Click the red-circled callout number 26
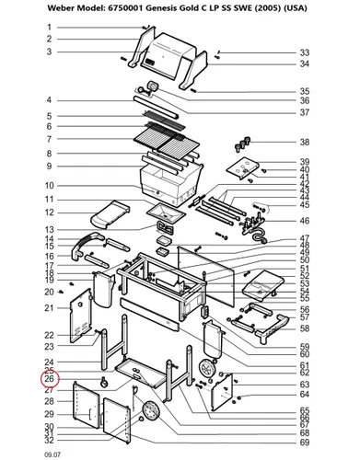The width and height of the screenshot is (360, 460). coord(49,379)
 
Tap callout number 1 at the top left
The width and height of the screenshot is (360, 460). coord(49,28)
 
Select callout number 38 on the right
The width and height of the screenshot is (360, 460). coord(305,142)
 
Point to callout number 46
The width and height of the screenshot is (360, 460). coord(305,221)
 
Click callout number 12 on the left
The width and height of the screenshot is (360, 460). coord(50,213)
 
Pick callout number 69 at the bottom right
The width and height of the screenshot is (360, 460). coord(305,443)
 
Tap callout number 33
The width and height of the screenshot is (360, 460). coord(305,52)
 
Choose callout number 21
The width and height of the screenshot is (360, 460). coord(49,308)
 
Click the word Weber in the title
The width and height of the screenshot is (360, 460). coord(61,8)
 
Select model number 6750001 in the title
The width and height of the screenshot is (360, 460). coord(125,8)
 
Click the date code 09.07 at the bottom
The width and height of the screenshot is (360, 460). coord(52,454)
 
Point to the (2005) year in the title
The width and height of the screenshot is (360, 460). coord(269,8)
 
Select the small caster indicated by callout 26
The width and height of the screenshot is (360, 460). coord(104,382)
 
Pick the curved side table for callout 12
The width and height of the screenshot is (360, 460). coord(110,214)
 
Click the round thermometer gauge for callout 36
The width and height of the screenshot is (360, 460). coord(153,86)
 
